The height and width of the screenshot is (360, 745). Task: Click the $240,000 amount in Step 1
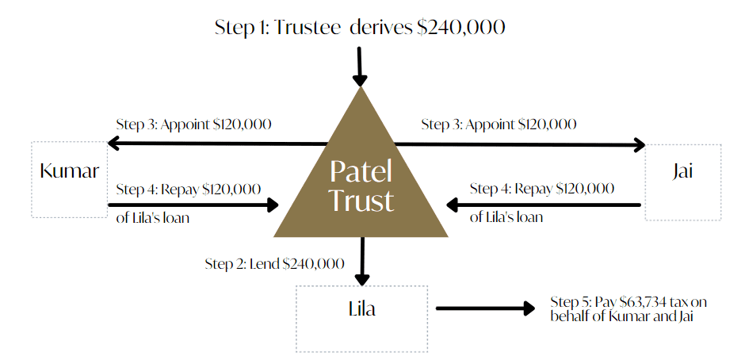tap(462, 27)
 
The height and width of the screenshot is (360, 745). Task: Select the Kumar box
tap(69, 179)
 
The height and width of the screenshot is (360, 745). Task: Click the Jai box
tap(682, 182)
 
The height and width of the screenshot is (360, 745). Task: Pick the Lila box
tap(361, 317)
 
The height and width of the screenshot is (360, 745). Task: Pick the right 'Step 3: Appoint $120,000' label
tap(499, 124)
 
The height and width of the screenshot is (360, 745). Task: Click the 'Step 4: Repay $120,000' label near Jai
tap(541, 189)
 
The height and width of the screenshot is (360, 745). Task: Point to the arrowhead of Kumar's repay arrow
tap(273, 205)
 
